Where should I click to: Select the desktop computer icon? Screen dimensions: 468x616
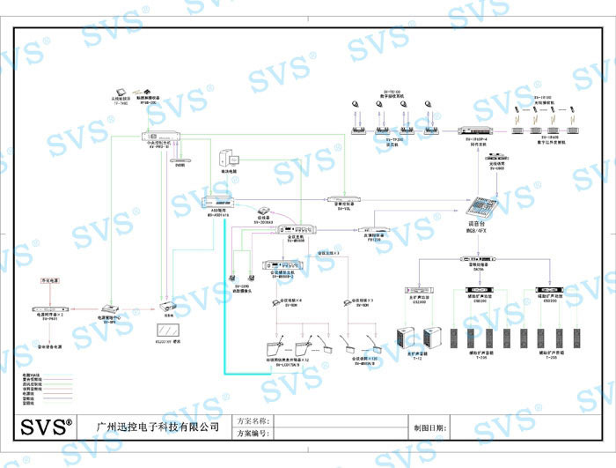[231, 160]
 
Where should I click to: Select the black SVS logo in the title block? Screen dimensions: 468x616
[47, 427]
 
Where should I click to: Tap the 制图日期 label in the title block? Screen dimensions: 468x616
[429, 427]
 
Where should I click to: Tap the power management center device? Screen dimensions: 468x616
[110, 311]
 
